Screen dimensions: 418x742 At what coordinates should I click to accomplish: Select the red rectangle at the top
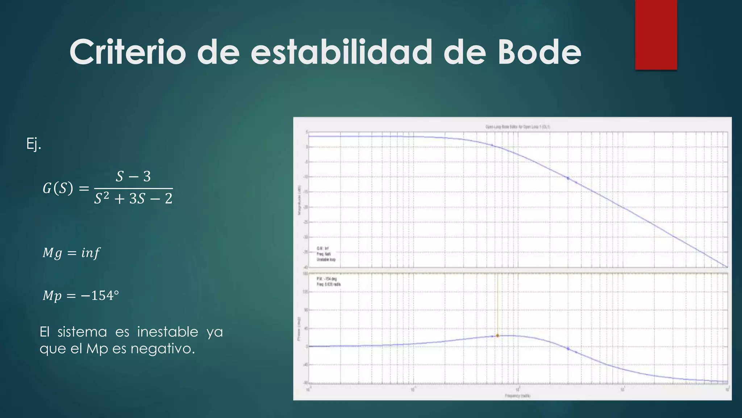pyautogui.click(x=656, y=34)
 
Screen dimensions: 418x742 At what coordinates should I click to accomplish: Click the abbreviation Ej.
pyautogui.click(x=34, y=144)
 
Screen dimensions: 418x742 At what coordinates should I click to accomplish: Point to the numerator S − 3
pyautogui.click(x=133, y=176)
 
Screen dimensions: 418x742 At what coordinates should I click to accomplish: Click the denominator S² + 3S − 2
pyautogui.click(x=133, y=198)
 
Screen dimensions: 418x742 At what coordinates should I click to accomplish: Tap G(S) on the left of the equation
pyautogui.click(x=58, y=188)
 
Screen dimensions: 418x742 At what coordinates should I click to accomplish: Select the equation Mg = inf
pyautogui.click(x=71, y=253)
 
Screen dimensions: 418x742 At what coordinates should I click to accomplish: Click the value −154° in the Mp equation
pyautogui.click(x=100, y=295)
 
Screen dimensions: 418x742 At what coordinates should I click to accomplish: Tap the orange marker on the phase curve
pyautogui.click(x=497, y=336)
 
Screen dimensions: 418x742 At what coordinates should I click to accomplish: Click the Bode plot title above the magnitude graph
pyautogui.click(x=518, y=127)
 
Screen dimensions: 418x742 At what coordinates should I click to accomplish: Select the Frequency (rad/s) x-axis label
pyautogui.click(x=517, y=396)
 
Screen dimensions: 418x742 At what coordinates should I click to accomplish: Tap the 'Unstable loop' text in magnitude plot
pyautogui.click(x=326, y=260)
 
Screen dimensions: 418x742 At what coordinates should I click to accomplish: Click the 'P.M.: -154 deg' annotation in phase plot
pyautogui.click(x=326, y=279)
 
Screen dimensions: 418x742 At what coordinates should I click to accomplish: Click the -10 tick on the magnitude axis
pyautogui.click(x=305, y=177)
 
